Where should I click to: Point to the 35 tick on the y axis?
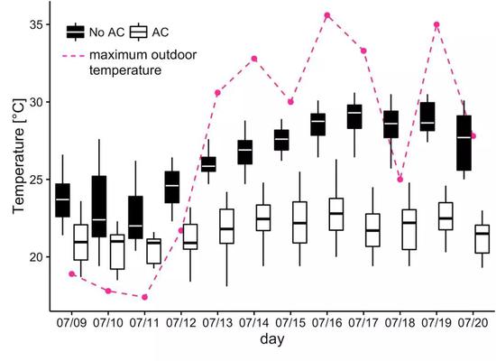[x=36, y=24]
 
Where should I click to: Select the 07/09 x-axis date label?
[x=71, y=320]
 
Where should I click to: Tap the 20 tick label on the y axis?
[x=36, y=257]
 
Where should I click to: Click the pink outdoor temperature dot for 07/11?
[x=145, y=297]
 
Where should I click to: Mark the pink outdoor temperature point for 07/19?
[x=436, y=25]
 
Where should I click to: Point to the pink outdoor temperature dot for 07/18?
[x=400, y=179]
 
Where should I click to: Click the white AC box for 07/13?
[x=227, y=226]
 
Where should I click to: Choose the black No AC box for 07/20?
[x=464, y=143]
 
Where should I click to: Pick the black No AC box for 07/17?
[x=354, y=116]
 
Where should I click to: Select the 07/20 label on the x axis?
[x=473, y=320]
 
